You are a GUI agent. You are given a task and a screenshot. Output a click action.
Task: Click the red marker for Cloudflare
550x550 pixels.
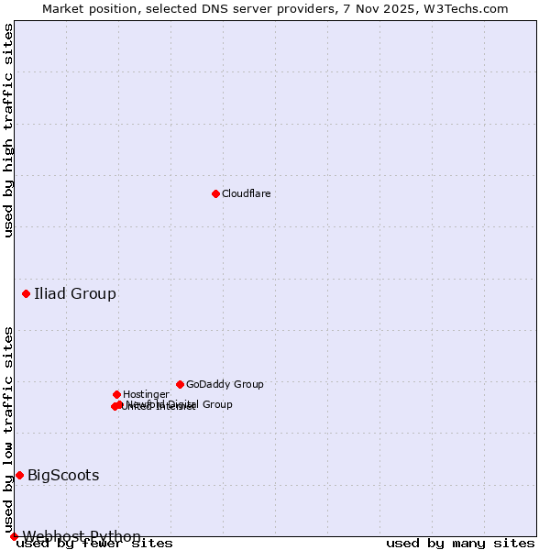pyautogui.click(x=215, y=193)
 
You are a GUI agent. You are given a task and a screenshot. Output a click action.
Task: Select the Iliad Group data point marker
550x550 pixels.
pyautogui.click(x=26, y=293)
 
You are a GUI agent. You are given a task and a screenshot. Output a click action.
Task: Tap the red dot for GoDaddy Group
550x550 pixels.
pyautogui.click(x=180, y=384)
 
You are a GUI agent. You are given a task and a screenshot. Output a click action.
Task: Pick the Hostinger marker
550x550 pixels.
pyautogui.click(x=116, y=394)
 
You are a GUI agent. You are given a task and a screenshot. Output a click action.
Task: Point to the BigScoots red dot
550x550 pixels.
pyautogui.click(x=19, y=475)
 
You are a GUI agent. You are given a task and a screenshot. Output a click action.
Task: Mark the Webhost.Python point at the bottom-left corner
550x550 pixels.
pyautogui.click(x=14, y=536)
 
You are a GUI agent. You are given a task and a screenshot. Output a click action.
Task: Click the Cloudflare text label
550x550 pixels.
pyautogui.click(x=246, y=193)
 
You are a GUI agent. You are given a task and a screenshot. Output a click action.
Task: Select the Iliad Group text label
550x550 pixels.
pyautogui.click(x=75, y=293)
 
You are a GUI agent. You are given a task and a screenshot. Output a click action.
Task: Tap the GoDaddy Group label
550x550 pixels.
pyautogui.click(x=225, y=384)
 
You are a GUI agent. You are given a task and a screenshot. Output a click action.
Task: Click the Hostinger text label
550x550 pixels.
pyautogui.click(x=146, y=394)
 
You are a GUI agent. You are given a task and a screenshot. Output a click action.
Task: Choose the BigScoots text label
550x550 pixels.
pyautogui.click(x=63, y=475)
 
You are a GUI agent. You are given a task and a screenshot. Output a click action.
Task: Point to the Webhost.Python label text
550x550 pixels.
pyautogui.click(x=82, y=536)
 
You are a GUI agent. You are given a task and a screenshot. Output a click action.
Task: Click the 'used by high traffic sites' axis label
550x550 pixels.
pyautogui.click(x=8, y=130)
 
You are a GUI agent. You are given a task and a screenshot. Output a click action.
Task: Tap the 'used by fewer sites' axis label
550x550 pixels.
pyautogui.click(x=94, y=544)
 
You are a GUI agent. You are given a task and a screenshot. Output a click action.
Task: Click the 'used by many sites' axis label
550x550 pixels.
pyautogui.click(x=460, y=544)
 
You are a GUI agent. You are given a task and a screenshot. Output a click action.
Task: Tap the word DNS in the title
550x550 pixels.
pyautogui.click(x=209, y=8)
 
